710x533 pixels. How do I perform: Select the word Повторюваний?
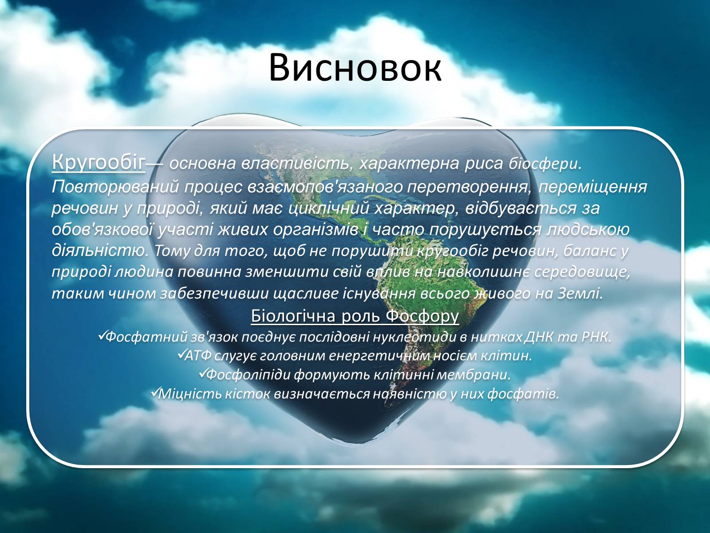click(x=115, y=187)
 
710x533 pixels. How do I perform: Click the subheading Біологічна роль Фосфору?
click(x=355, y=316)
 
